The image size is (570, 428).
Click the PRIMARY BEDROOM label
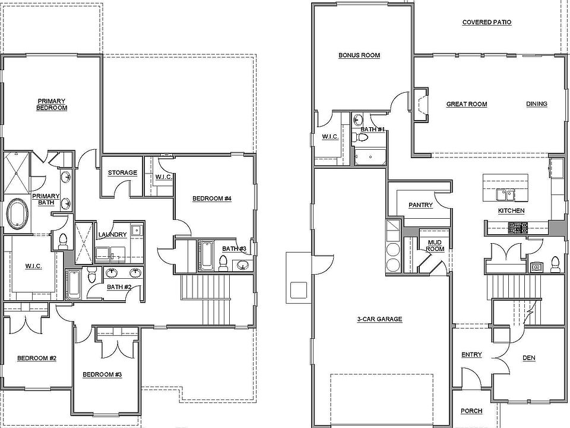tap(51, 105)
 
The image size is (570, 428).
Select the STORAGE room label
tap(122, 173)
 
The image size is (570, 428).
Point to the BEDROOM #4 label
tap(211, 199)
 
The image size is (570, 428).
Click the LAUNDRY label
tap(112, 235)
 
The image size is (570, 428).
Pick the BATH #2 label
tap(119, 287)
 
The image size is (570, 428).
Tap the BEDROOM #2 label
tap(36, 358)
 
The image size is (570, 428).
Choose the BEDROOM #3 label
tap(102, 374)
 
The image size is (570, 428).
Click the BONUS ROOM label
tap(359, 55)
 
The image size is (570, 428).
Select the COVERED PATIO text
tap(486, 23)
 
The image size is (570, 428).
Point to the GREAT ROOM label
tap(467, 104)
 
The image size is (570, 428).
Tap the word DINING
tap(537, 104)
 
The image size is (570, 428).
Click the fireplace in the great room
tap(420, 105)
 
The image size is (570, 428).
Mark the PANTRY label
tap(420, 205)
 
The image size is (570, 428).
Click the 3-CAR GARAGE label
tap(379, 319)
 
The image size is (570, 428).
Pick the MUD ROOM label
tap(435, 246)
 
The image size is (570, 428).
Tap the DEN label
tap(529, 358)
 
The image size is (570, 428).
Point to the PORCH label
tap(471, 411)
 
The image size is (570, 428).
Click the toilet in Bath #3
tap(224, 262)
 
